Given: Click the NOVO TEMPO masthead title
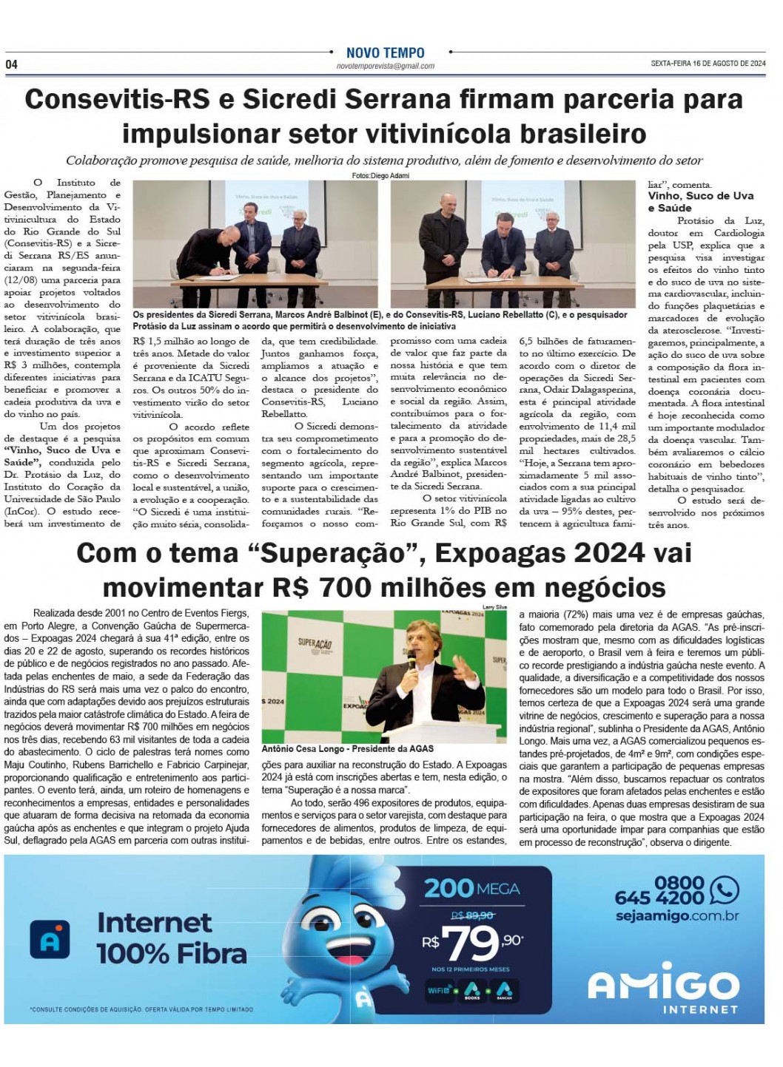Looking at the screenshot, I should click(x=385, y=53).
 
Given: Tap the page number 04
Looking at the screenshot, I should click(x=12, y=64).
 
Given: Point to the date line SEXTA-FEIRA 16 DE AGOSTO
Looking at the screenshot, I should click(x=708, y=64).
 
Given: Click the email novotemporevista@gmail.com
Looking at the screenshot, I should click(x=385, y=67).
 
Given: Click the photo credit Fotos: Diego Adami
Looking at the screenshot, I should click(x=380, y=175).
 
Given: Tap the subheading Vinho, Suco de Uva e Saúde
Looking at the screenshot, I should click(x=700, y=201).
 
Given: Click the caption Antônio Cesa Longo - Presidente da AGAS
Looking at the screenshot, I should click(x=347, y=748).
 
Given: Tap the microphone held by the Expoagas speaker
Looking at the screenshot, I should click(x=411, y=660).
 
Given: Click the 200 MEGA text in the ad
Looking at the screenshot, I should click(x=471, y=888).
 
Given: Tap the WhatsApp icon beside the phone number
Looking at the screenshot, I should click(x=723, y=890).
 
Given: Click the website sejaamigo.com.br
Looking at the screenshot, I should click(x=676, y=915).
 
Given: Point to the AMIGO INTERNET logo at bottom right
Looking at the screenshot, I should click(x=662, y=989).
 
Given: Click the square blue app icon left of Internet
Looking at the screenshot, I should click(x=50, y=939).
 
